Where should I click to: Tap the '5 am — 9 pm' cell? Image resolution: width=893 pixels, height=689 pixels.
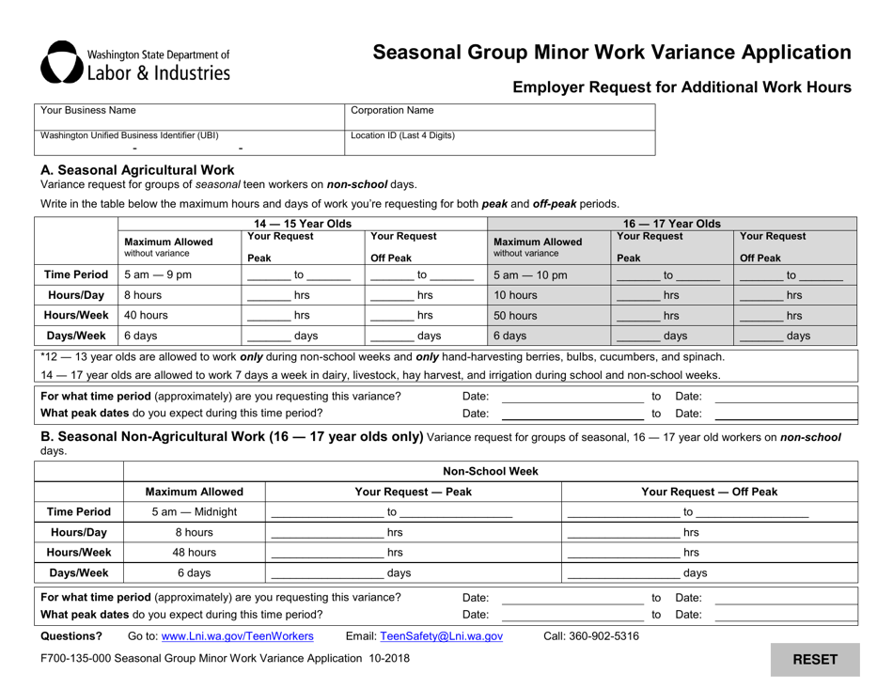coord(178,273)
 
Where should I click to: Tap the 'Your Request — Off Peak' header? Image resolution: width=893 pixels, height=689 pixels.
coord(709,491)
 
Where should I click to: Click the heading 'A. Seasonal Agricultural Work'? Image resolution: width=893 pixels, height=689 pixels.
coord(137,170)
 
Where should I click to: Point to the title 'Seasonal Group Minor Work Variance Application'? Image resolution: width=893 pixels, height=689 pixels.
coord(612,53)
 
